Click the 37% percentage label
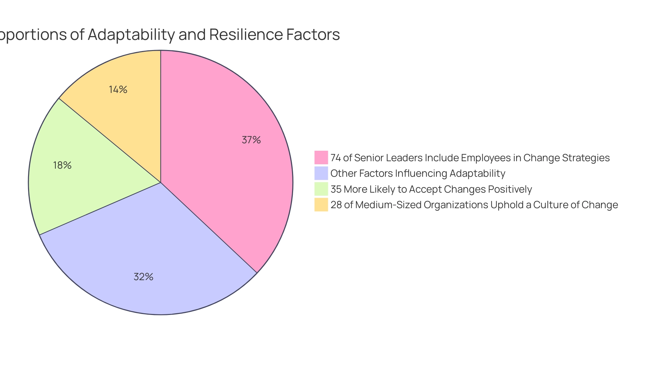pyautogui.click(x=251, y=140)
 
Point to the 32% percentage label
pyautogui.click(x=143, y=277)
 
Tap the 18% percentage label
pyautogui.click(x=62, y=165)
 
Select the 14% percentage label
pyautogui.click(x=118, y=90)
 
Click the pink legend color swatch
pyautogui.click(x=321, y=157)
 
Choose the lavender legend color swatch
pyautogui.click(x=321, y=173)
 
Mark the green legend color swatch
pyautogui.click(x=321, y=189)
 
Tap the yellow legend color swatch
pyautogui.click(x=321, y=204)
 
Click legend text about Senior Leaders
pyautogui.click(x=470, y=158)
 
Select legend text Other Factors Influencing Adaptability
pyautogui.click(x=418, y=173)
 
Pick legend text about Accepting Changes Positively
pyautogui.click(x=431, y=189)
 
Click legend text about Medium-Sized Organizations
pyautogui.click(x=474, y=205)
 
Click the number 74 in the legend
pyautogui.click(x=335, y=158)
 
